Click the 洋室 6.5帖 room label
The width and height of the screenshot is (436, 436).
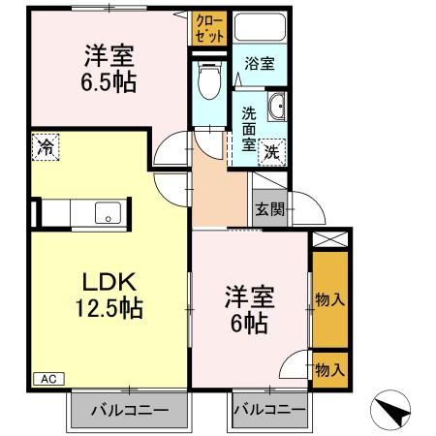(108, 67)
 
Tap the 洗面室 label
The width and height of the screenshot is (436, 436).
(248, 129)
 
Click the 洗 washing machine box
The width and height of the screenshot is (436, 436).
(273, 152)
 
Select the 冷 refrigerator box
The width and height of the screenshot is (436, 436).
(46, 147)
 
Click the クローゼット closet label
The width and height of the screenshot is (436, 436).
(208, 25)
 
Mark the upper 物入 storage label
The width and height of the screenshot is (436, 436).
(330, 299)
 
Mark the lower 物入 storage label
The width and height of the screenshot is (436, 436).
(330, 369)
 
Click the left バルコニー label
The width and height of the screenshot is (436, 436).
(129, 410)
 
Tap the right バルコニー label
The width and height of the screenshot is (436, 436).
(266, 410)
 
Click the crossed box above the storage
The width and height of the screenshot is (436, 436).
(329, 241)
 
